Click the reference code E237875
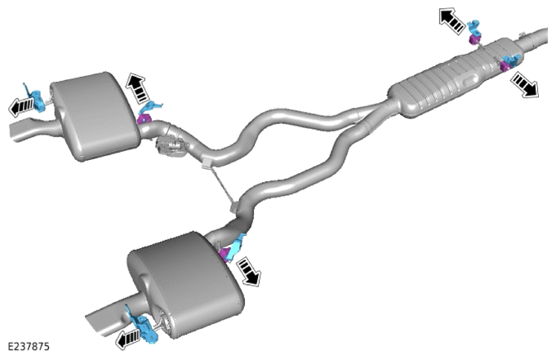(29, 346)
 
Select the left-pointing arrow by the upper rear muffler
(21, 106)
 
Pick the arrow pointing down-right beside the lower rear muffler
(249, 271)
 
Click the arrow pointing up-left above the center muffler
(451, 21)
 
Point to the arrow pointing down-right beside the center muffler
(524, 84)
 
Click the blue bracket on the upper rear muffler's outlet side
(36, 97)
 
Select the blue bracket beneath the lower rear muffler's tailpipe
(143, 325)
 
